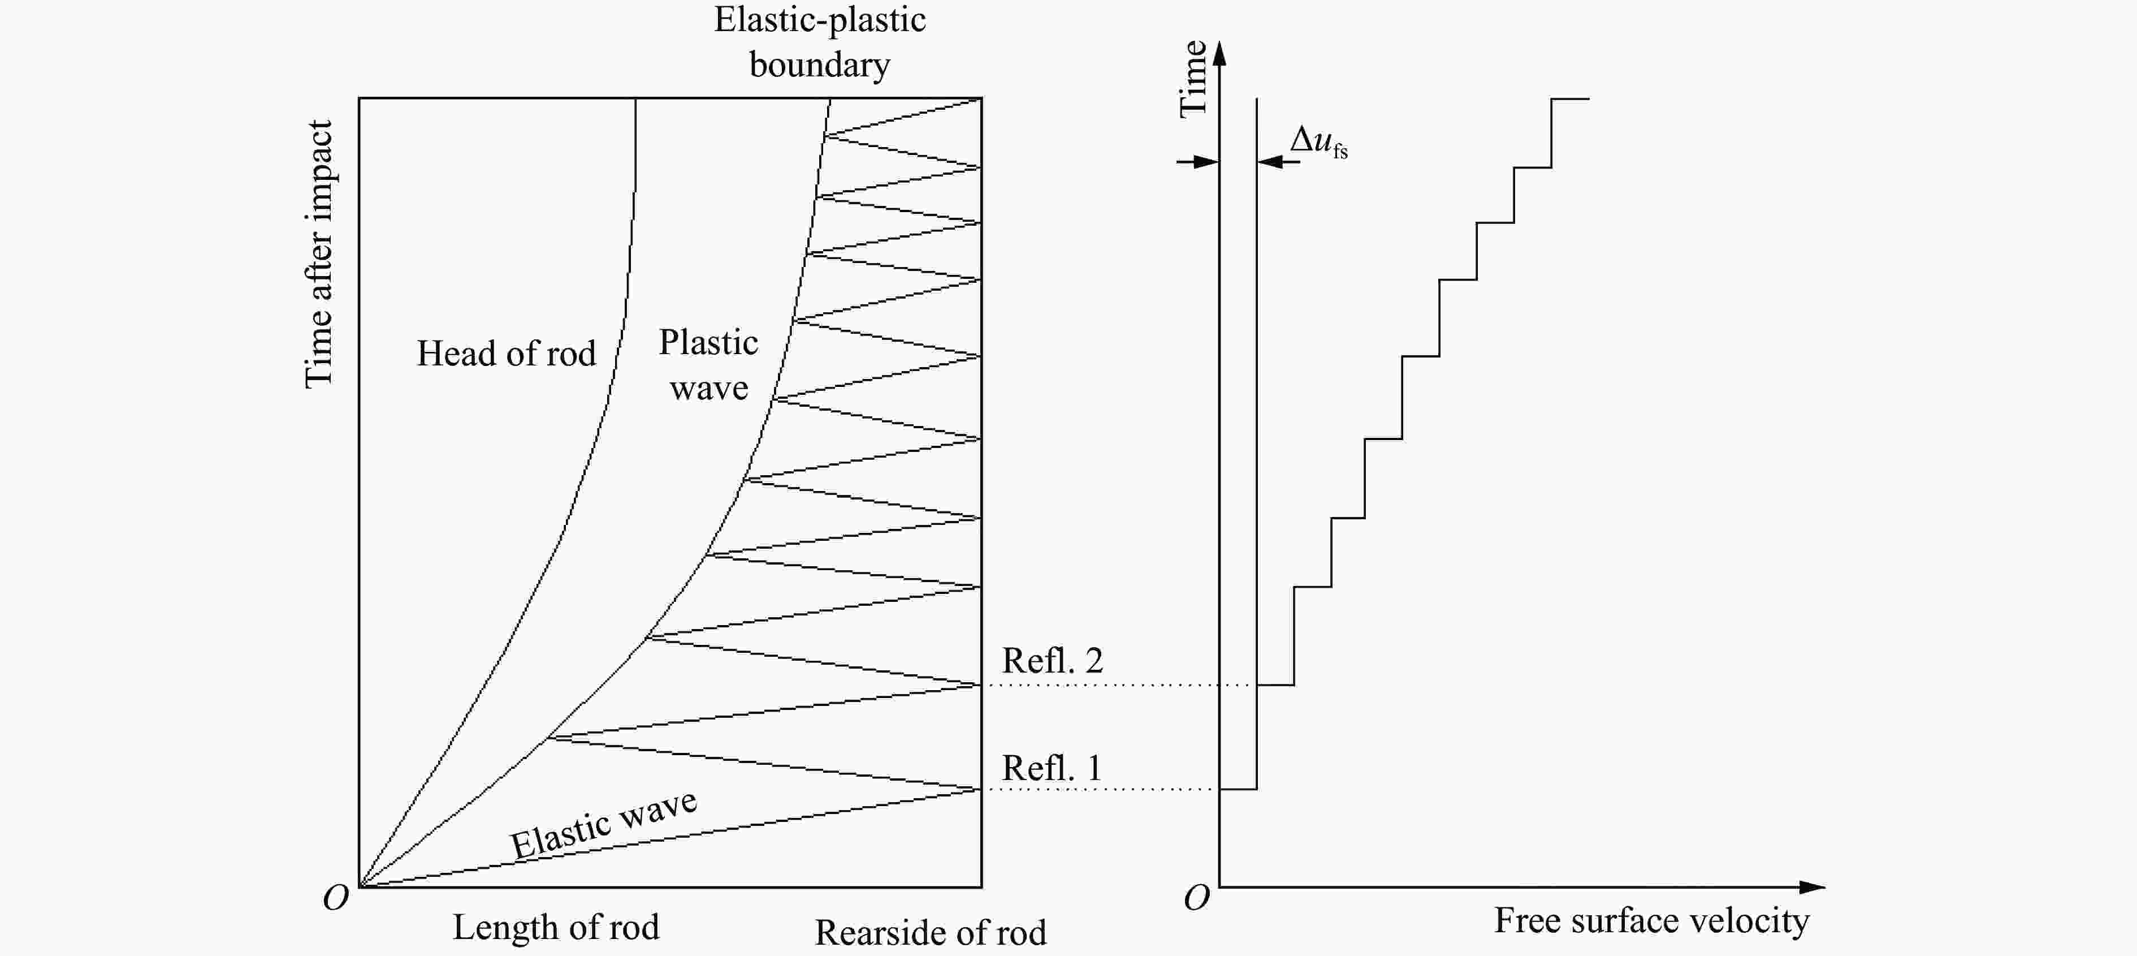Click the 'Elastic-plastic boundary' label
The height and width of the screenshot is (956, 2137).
(820, 41)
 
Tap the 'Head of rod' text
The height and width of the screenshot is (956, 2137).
(506, 354)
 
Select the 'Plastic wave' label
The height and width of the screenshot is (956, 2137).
(708, 365)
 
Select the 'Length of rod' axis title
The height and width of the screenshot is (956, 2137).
(556, 927)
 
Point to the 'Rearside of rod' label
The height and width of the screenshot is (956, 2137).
(930, 933)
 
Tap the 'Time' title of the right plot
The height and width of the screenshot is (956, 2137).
(1193, 79)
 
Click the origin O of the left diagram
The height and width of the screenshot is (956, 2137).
(336, 898)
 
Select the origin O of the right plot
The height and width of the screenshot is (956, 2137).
(1196, 898)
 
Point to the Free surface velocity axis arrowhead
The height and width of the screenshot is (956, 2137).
(1814, 887)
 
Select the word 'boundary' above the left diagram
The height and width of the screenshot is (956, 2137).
(820, 64)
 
